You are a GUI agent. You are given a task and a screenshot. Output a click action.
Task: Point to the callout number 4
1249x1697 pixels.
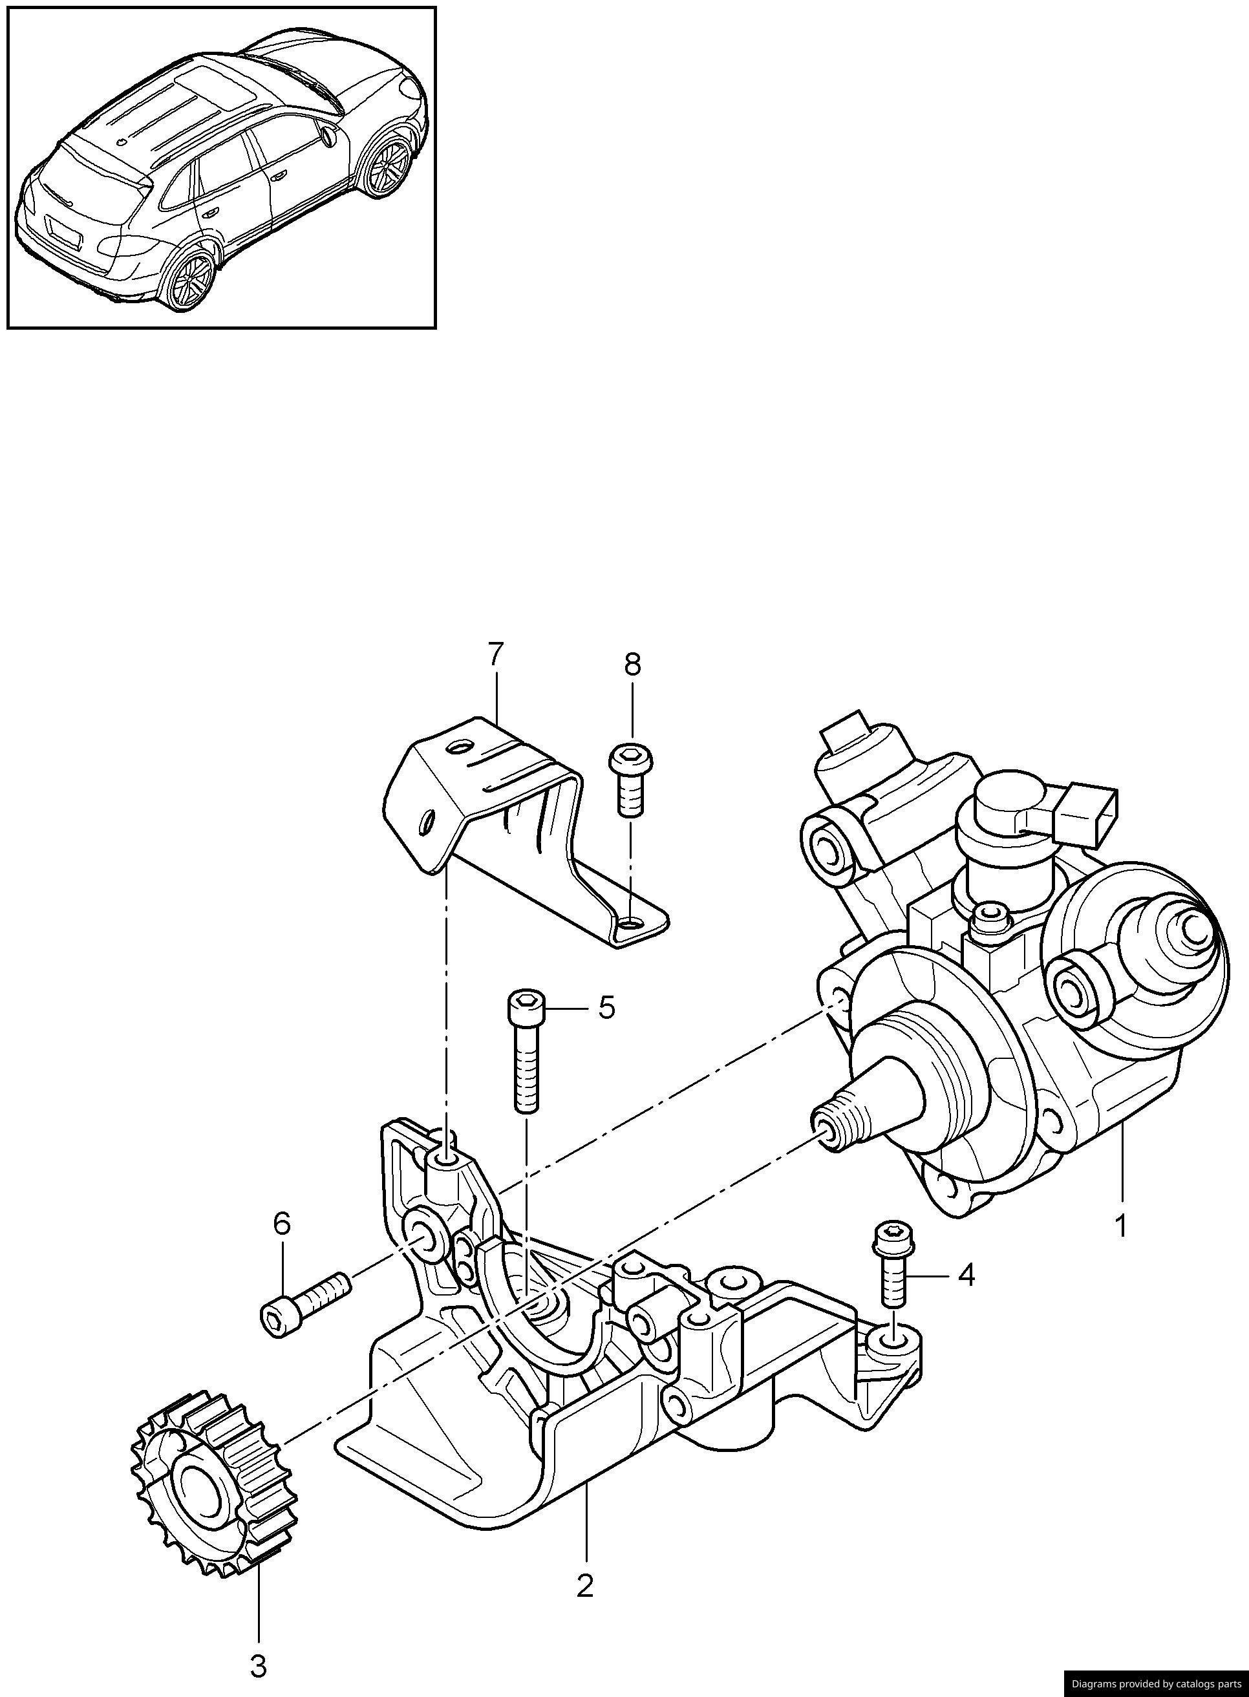pyautogui.click(x=966, y=1276)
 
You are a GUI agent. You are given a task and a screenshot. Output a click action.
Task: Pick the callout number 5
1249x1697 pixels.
pyautogui.click(x=606, y=1009)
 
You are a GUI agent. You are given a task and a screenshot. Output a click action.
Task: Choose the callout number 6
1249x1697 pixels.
pyautogui.click(x=281, y=1224)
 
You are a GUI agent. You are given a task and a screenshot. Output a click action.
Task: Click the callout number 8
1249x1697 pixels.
pyautogui.click(x=632, y=665)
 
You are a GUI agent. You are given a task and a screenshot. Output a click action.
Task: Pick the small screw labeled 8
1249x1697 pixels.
pyautogui.click(x=630, y=778)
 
